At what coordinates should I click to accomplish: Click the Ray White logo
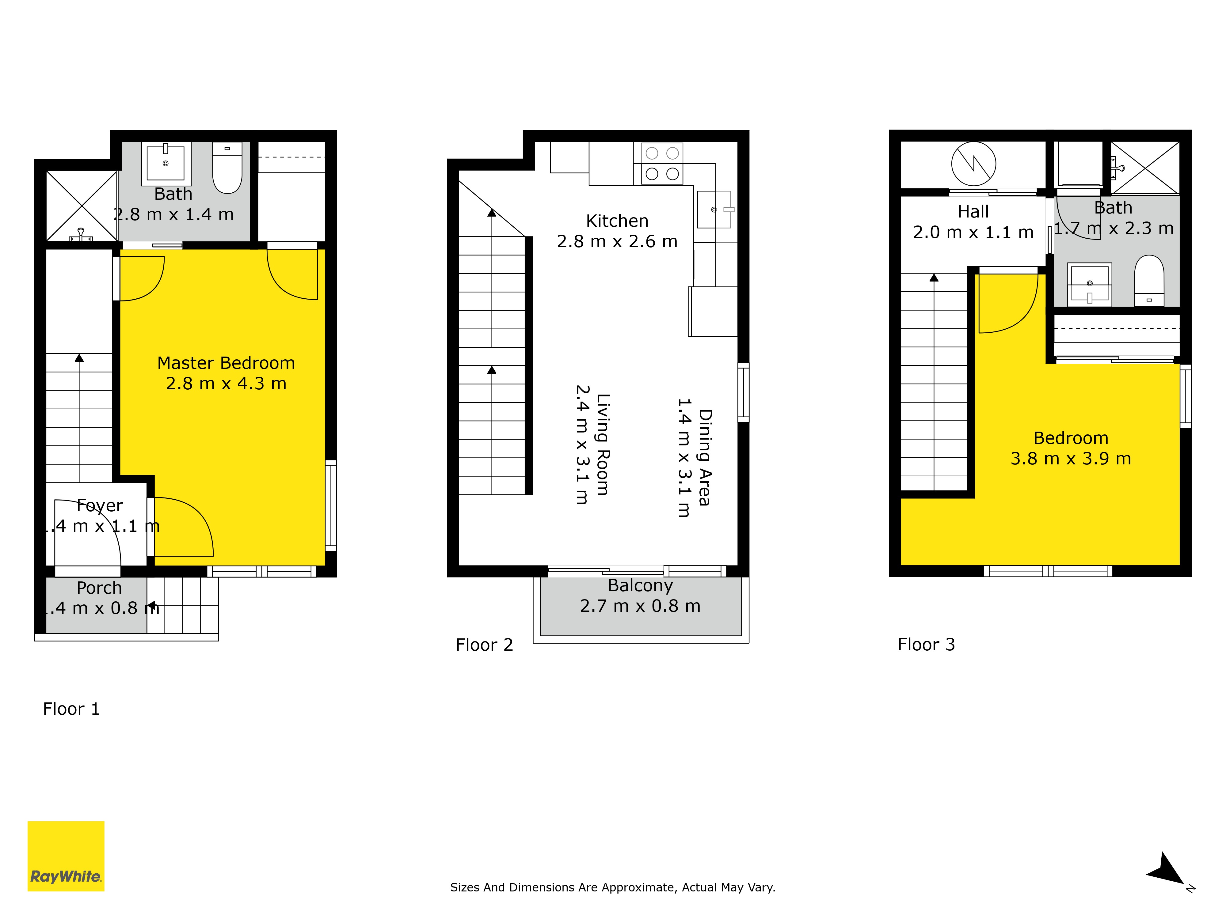coord(66,856)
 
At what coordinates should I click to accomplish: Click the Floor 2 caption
coord(484,645)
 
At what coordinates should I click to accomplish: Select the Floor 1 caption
coord(71,709)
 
